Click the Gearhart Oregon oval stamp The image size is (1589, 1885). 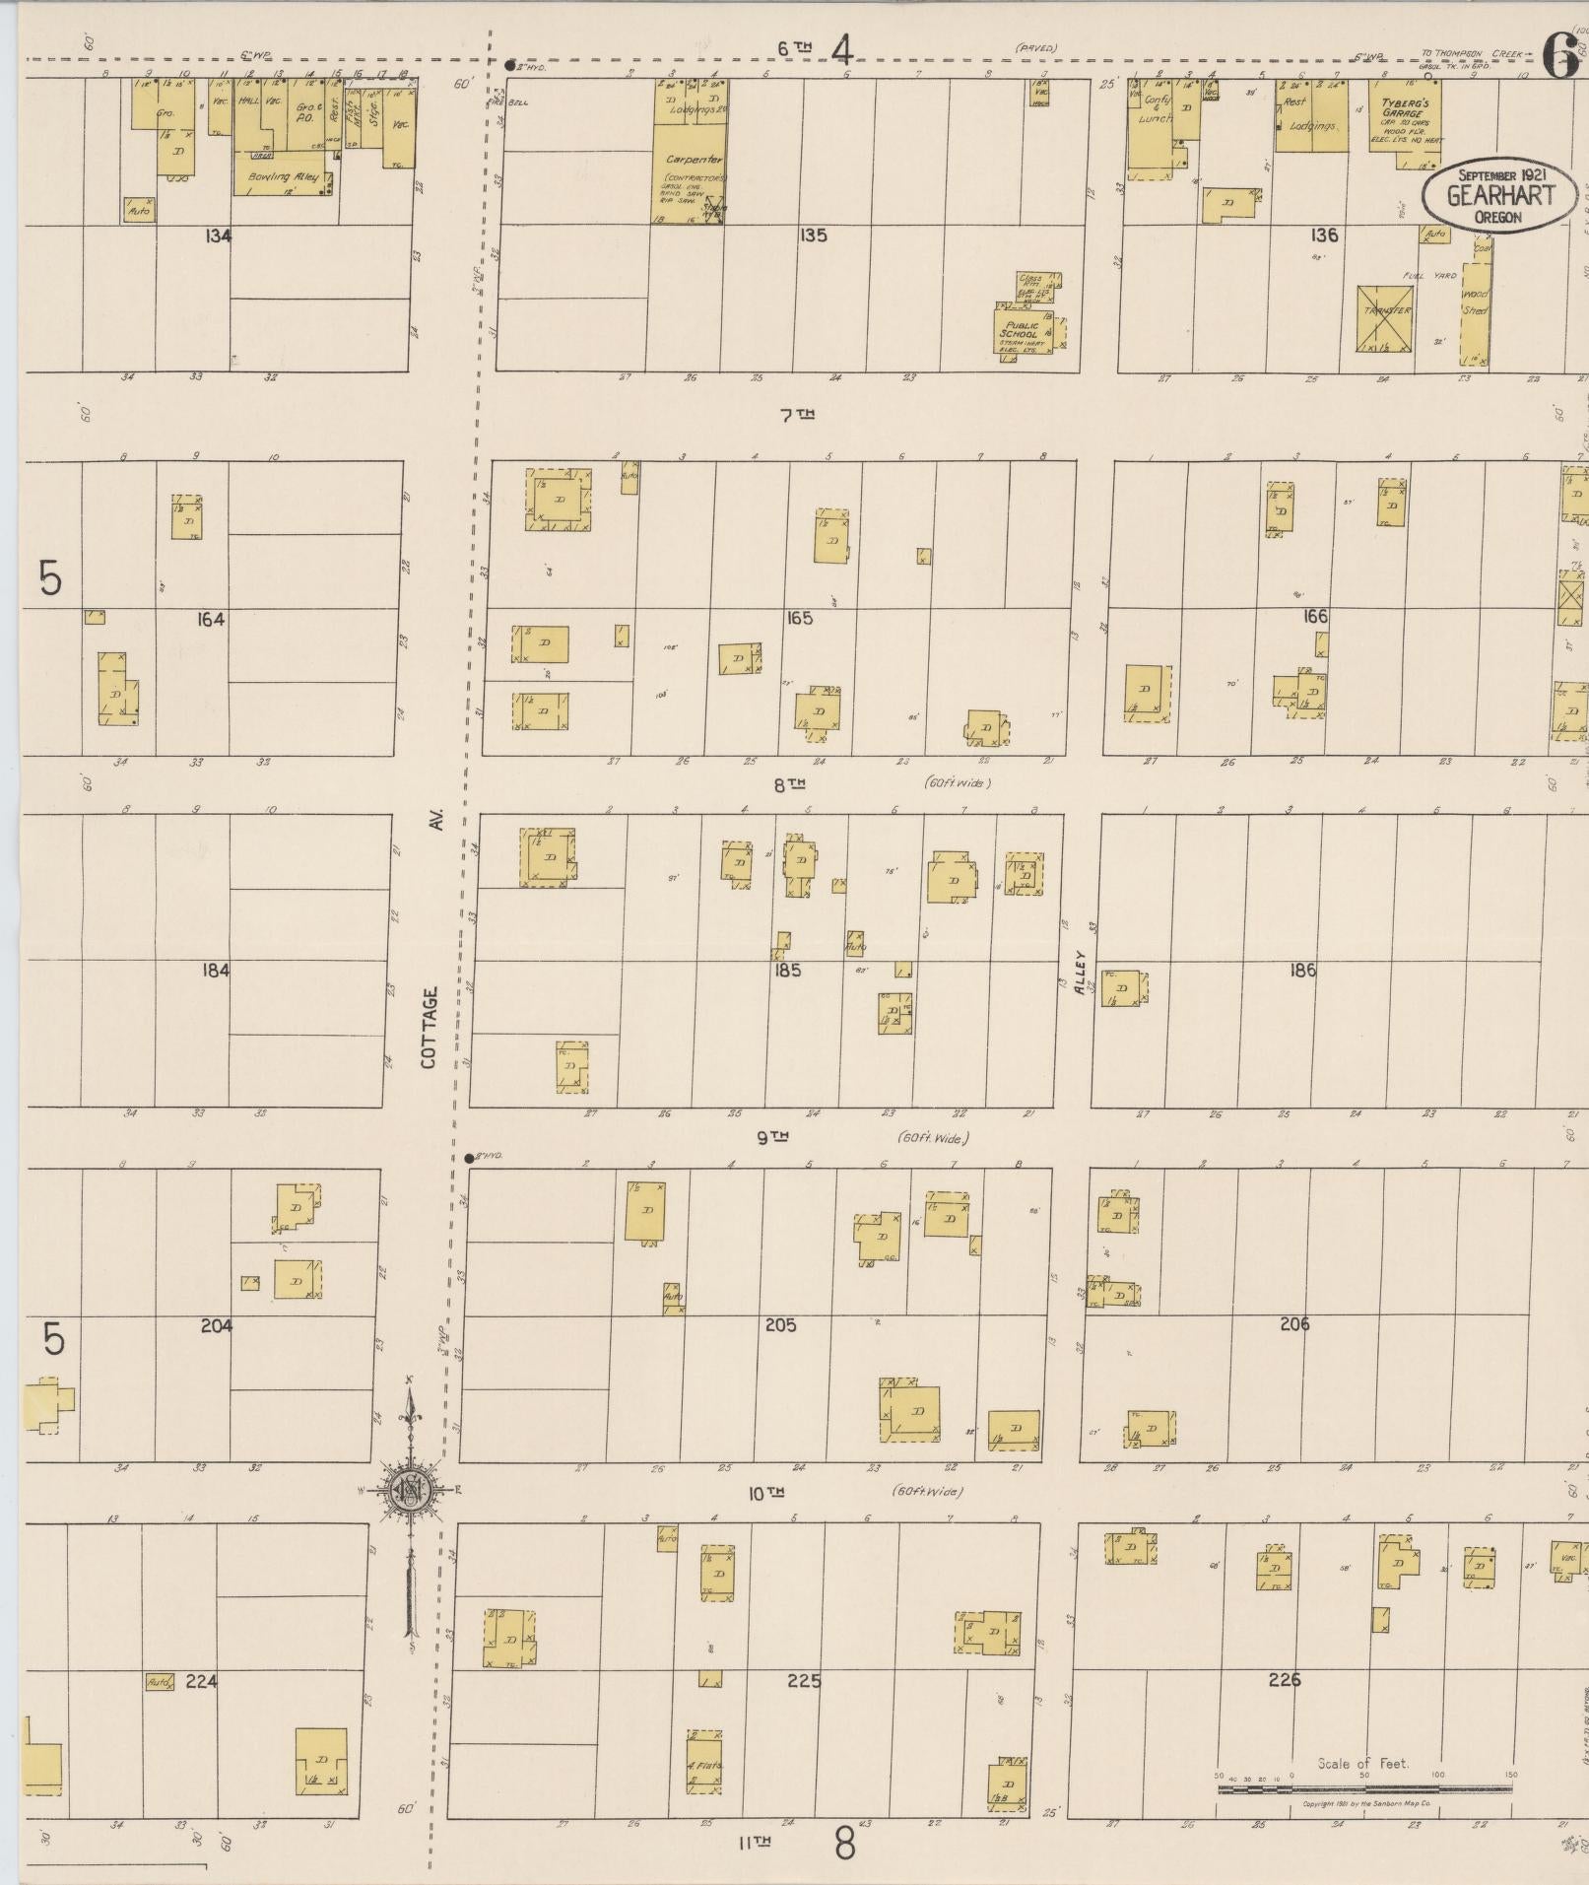click(x=1498, y=196)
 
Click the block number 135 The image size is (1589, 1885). click(x=814, y=236)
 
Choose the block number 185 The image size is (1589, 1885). click(x=787, y=970)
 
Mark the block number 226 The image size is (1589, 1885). click(x=1286, y=1679)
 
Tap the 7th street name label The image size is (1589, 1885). click(x=797, y=415)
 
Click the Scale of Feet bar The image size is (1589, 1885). click(x=1364, y=1786)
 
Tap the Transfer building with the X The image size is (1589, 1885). click(x=1386, y=318)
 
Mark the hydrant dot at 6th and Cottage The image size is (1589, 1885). click(x=509, y=66)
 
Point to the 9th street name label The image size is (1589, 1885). click(x=773, y=1137)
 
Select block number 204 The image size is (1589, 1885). click(x=217, y=1325)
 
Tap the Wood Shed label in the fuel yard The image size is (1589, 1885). click(x=1475, y=301)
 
